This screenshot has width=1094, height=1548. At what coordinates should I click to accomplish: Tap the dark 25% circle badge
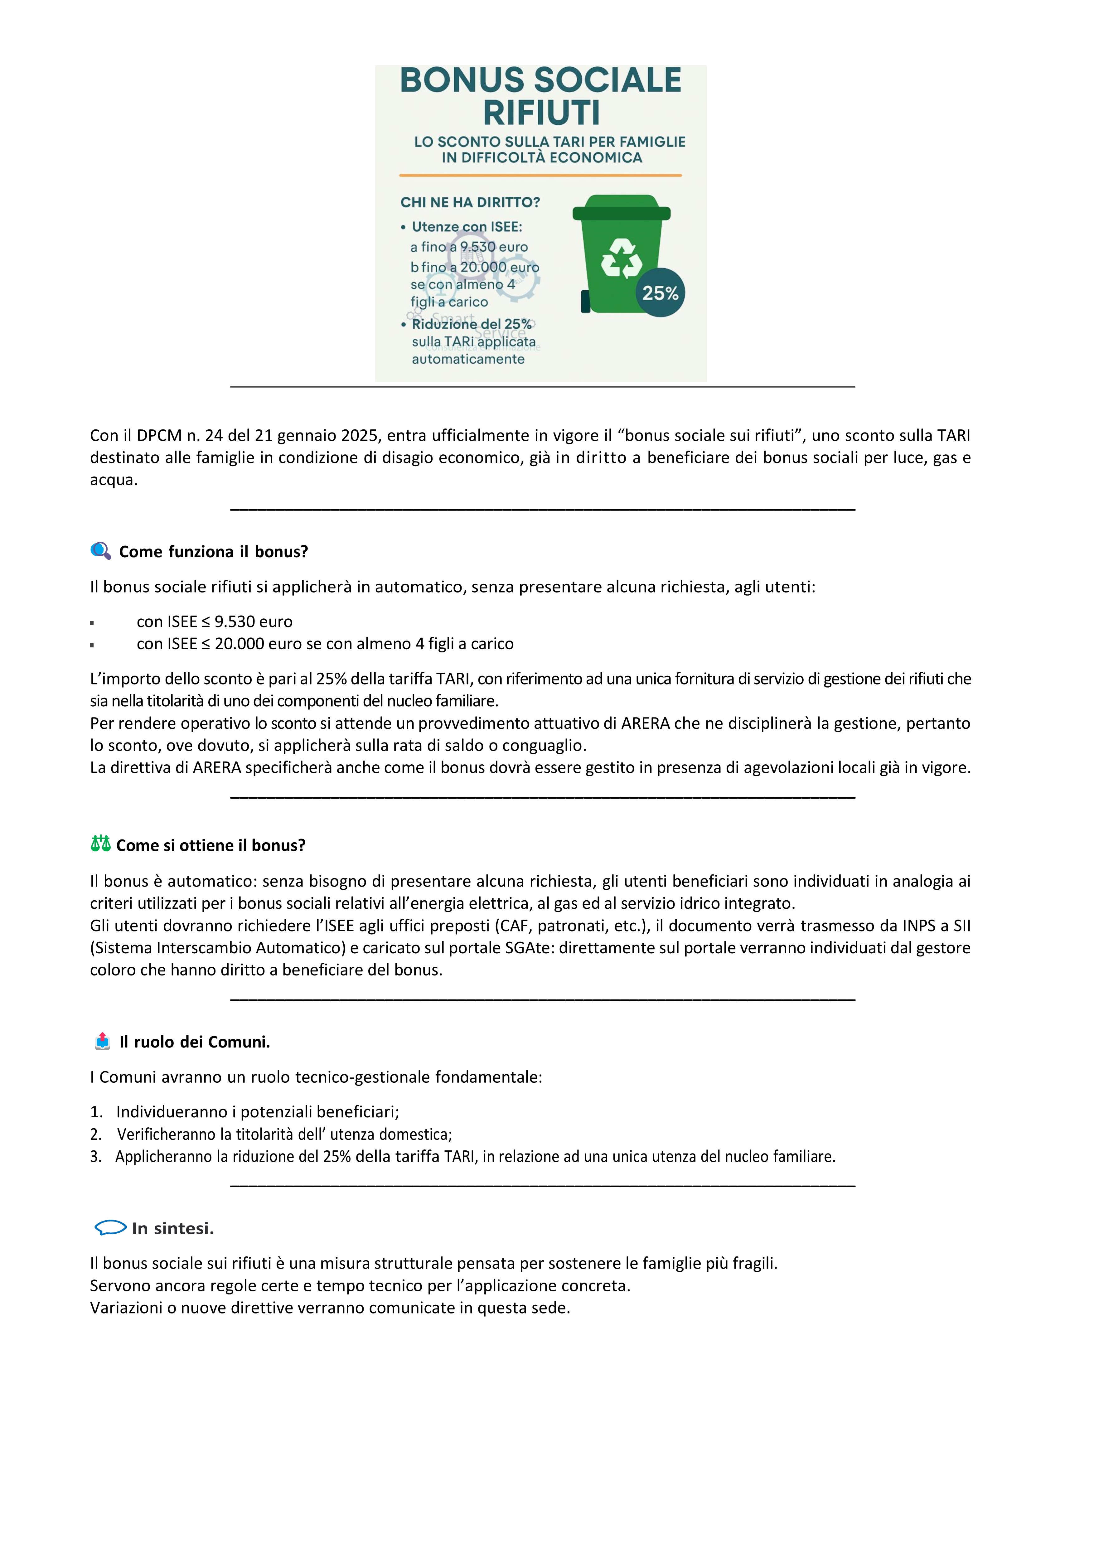tap(660, 293)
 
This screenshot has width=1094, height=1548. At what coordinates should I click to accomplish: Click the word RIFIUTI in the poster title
tap(541, 113)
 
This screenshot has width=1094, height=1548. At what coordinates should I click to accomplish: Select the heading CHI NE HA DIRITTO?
tap(470, 202)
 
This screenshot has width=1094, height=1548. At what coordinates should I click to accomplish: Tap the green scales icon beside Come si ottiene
tap(100, 844)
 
